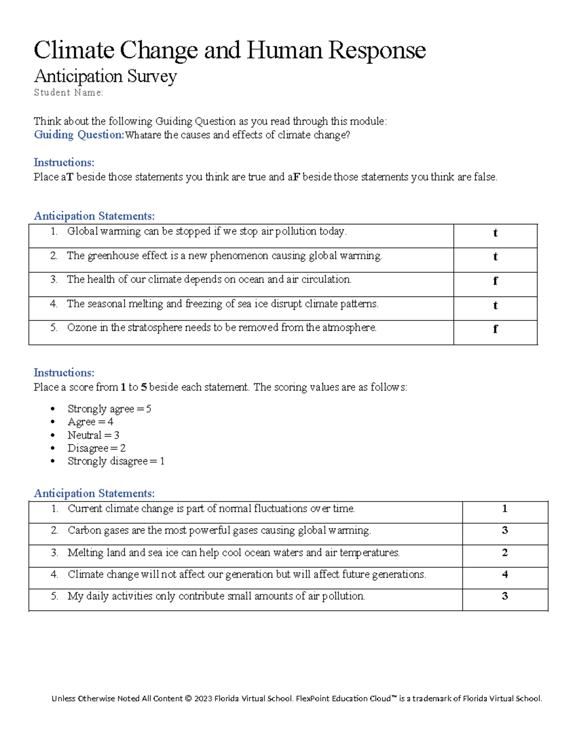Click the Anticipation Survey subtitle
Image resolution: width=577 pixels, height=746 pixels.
105,76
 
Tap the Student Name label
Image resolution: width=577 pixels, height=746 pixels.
68,93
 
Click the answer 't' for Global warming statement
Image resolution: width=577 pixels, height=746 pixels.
495,233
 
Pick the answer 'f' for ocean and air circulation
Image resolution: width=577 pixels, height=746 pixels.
495,281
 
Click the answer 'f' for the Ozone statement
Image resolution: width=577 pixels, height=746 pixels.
495,329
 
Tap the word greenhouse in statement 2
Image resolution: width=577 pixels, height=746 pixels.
113,256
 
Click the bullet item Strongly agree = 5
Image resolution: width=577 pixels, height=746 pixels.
109,409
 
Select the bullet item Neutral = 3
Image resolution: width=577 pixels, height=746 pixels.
93,435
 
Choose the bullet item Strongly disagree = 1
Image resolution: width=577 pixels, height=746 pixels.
116,461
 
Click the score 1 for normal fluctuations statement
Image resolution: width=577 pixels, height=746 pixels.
504,509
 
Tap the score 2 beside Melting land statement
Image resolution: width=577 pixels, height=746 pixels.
504,552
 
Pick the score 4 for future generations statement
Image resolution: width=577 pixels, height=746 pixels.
504,575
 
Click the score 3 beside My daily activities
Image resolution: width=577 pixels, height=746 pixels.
504,596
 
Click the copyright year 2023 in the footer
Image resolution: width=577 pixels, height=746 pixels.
203,698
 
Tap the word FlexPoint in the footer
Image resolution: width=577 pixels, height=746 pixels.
313,698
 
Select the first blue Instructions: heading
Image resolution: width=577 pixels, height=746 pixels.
64,162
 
